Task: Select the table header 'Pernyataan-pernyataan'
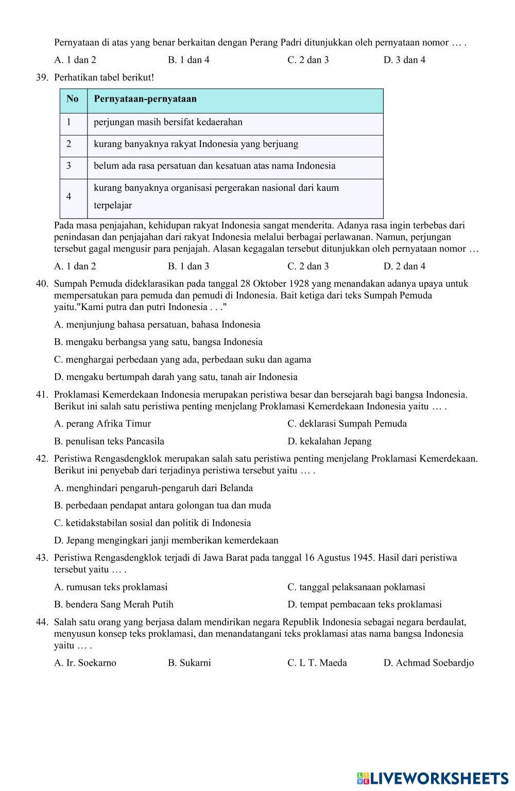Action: (x=145, y=99)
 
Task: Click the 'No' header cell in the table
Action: (x=73, y=99)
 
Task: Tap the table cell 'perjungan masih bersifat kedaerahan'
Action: (x=168, y=122)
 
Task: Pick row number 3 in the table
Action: (x=68, y=166)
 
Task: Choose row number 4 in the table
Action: (x=68, y=196)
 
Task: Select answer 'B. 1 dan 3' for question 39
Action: (x=188, y=267)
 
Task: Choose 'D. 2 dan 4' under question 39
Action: (x=404, y=267)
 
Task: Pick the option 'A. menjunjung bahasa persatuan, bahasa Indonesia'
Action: (x=157, y=325)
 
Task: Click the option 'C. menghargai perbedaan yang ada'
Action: (x=182, y=359)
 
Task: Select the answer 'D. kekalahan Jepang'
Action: (x=329, y=441)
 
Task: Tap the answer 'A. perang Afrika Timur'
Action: (x=102, y=424)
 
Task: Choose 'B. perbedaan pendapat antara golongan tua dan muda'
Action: (x=162, y=505)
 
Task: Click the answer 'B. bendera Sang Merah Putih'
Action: (x=114, y=604)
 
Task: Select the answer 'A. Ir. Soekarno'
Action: (x=85, y=663)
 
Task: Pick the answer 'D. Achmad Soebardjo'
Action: (x=428, y=663)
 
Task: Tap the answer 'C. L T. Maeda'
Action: (x=317, y=663)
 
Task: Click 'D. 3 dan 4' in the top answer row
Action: (x=404, y=60)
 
